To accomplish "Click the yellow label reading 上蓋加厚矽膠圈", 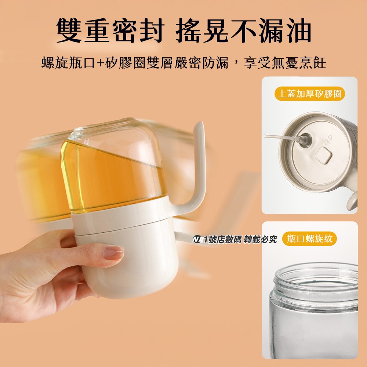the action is [309, 94].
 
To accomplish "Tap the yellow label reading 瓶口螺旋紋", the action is [309, 239].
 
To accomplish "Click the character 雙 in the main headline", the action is [69, 30].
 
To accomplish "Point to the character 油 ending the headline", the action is [298, 30].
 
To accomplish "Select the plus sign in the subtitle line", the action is [100, 62].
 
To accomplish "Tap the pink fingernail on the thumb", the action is [113, 253].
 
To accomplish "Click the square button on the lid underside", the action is [324, 155].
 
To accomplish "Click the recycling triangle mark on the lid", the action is [330, 137].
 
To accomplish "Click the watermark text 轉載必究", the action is [260, 239].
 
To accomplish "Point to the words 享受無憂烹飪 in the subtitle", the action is [285, 62].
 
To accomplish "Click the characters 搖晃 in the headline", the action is [202, 30].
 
